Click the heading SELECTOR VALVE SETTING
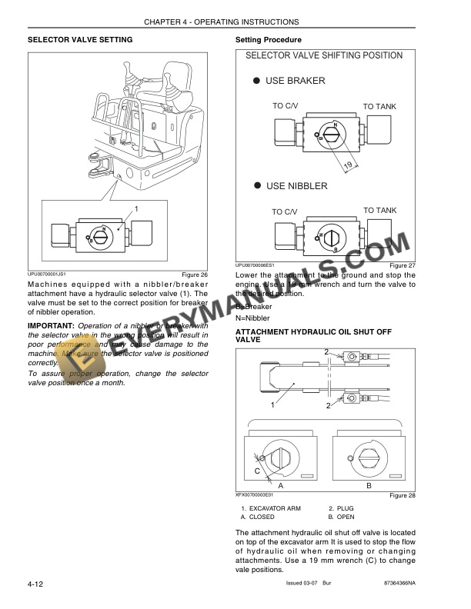80,39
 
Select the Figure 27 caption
401,266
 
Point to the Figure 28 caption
401,496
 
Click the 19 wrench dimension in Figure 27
347,165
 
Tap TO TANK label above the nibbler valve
379,210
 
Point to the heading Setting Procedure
268,39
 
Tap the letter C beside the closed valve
257,470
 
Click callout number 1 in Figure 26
136,208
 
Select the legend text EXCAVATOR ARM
274,509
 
